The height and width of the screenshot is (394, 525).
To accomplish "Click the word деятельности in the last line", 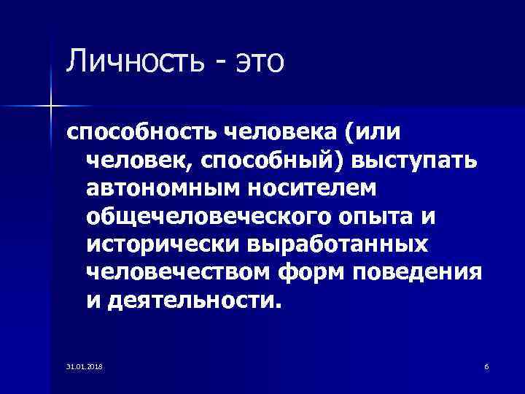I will [192, 300].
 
